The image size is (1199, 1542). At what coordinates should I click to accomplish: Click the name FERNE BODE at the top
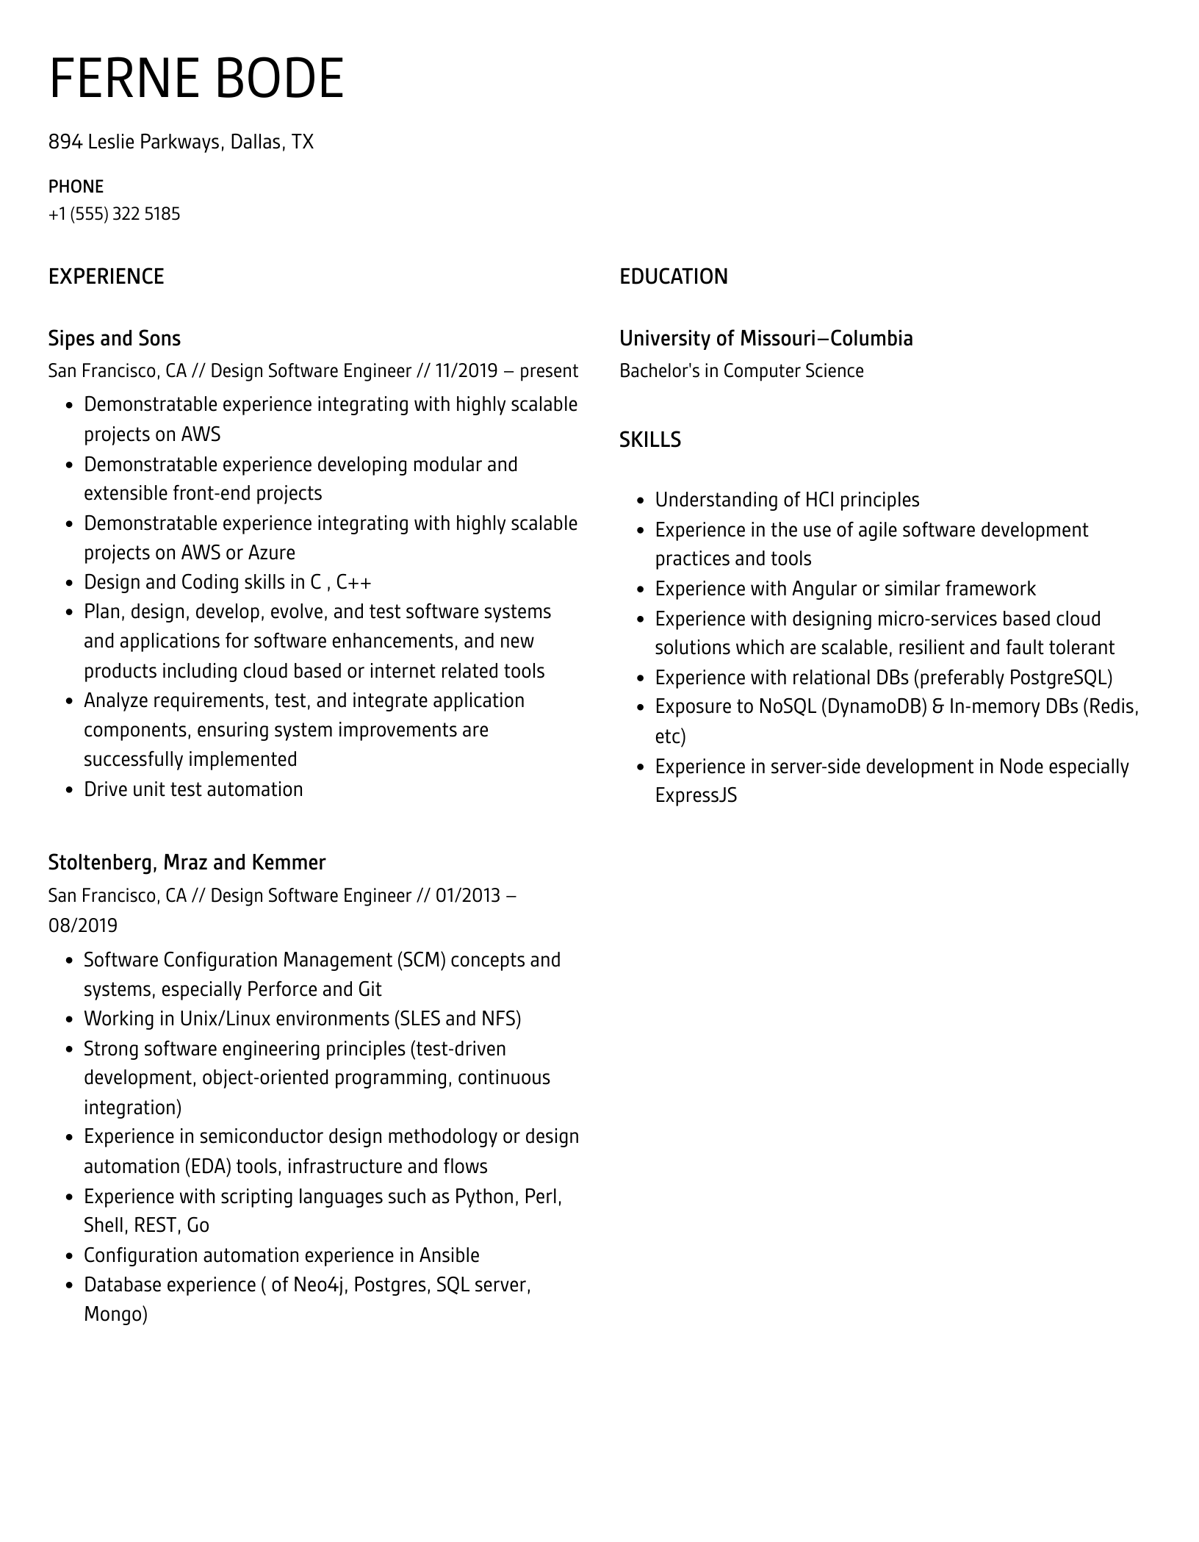click(x=196, y=79)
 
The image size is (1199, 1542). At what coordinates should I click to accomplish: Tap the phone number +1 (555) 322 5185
click(x=114, y=214)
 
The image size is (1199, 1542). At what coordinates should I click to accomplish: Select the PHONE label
click(x=76, y=187)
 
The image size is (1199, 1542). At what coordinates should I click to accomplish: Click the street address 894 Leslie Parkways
click(x=134, y=142)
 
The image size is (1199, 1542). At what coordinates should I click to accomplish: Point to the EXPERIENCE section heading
click(x=106, y=277)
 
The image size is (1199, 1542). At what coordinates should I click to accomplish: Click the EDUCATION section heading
click(x=673, y=277)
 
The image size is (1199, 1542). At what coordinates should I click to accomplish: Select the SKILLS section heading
click(x=649, y=440)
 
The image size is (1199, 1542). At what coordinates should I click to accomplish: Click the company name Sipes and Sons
click(x=114, y=339)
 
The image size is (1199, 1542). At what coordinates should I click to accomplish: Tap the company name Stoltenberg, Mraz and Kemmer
click(x=187, y=862)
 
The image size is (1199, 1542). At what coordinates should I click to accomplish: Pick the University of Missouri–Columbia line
click(x=766, y=339)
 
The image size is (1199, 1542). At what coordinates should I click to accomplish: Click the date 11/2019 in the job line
click(x=466, y=371)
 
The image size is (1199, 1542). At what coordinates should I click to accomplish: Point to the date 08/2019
click(x=83, y=925)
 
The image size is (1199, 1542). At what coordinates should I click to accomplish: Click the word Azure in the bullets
click(x=271, y=553)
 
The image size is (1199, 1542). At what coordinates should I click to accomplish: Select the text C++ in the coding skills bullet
click(x=353, y=583)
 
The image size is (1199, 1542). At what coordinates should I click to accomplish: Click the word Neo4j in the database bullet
click(x=319, y=1285)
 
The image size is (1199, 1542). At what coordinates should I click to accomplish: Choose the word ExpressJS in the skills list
click(x=696, y=795)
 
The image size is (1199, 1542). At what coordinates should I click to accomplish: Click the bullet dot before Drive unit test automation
click(x=69, y=791)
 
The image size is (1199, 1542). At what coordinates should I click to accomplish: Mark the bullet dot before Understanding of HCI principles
click(x=640, y=501)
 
